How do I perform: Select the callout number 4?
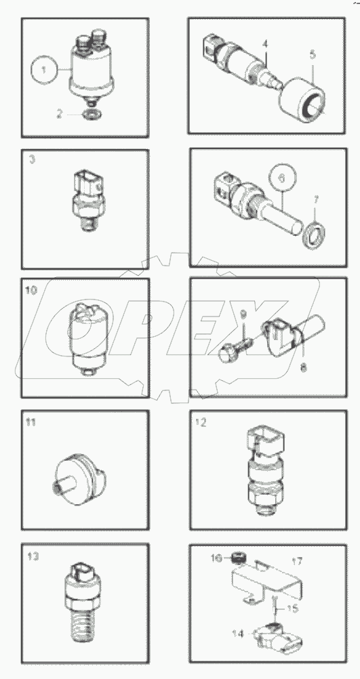point(266,44)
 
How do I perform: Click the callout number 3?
point(31,160)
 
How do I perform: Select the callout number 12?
point(201,422)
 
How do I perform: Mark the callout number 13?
point(32,557)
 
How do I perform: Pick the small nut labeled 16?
point(237,558)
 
